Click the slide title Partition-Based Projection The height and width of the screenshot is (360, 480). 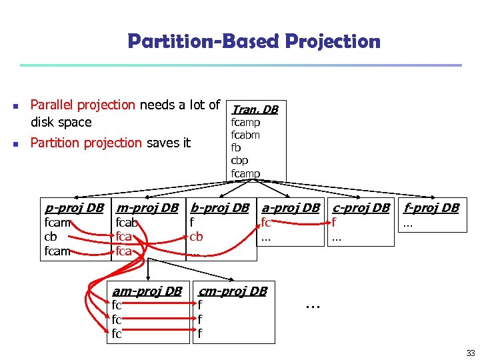click(x=253, y=42)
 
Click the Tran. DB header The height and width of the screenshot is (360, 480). click(x=255, y=109)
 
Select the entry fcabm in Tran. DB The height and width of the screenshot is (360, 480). click(x=245, y=135)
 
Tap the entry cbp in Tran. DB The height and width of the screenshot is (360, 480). click(x=239, y=161)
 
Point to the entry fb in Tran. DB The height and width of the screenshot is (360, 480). click(x=236, y=148)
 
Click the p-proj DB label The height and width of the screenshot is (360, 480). click(x=73, y=207)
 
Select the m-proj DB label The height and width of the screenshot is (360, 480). click(x=147, y=207)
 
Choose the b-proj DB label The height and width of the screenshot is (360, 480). click(x=219, y=207)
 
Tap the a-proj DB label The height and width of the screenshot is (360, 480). click(x=291, y=207)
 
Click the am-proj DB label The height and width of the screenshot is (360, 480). click(x=147, y=291)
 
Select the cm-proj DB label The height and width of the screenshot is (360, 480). click(x=233, y=291)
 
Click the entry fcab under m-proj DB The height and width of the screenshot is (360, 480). click(x=127, y=223)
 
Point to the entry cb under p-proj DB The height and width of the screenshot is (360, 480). click(x=50, y=237)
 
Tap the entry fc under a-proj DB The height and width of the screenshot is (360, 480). click(x=266, y=223)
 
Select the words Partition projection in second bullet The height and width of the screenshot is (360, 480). click(x=86, y=143)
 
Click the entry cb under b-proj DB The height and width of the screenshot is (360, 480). click(x=196, y=237)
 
